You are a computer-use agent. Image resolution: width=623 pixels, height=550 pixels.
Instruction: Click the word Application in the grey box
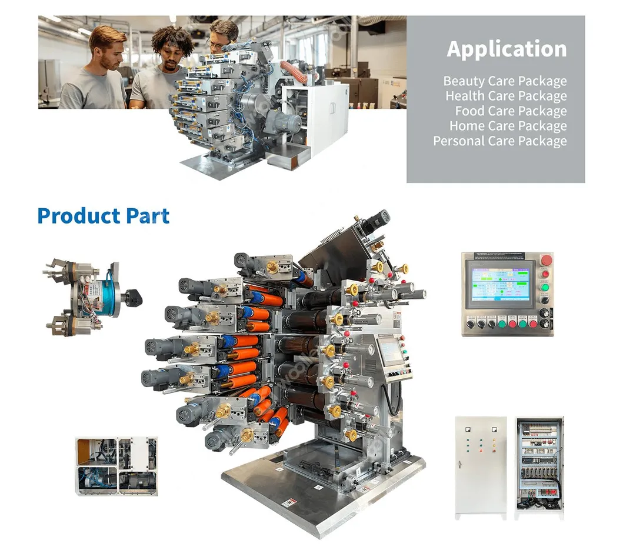point(507,49)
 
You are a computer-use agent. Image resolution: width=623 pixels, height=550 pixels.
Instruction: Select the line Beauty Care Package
point(505,81)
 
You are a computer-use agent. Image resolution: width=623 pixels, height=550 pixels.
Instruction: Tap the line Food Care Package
point(511,111)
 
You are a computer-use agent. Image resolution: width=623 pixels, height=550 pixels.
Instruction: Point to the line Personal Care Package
point(500,141)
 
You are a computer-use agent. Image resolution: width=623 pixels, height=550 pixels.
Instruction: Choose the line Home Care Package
point(508,126)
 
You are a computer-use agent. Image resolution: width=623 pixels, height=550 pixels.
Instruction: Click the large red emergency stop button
point(546,261)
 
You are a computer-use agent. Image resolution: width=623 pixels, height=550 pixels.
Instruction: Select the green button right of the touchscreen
point(545,288)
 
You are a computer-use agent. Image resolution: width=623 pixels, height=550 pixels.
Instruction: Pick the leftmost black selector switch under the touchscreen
point(471,324)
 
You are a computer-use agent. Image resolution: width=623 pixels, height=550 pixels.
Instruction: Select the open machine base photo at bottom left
point(116,466)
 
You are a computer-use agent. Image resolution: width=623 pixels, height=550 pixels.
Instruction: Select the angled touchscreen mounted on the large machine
point(389,351)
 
